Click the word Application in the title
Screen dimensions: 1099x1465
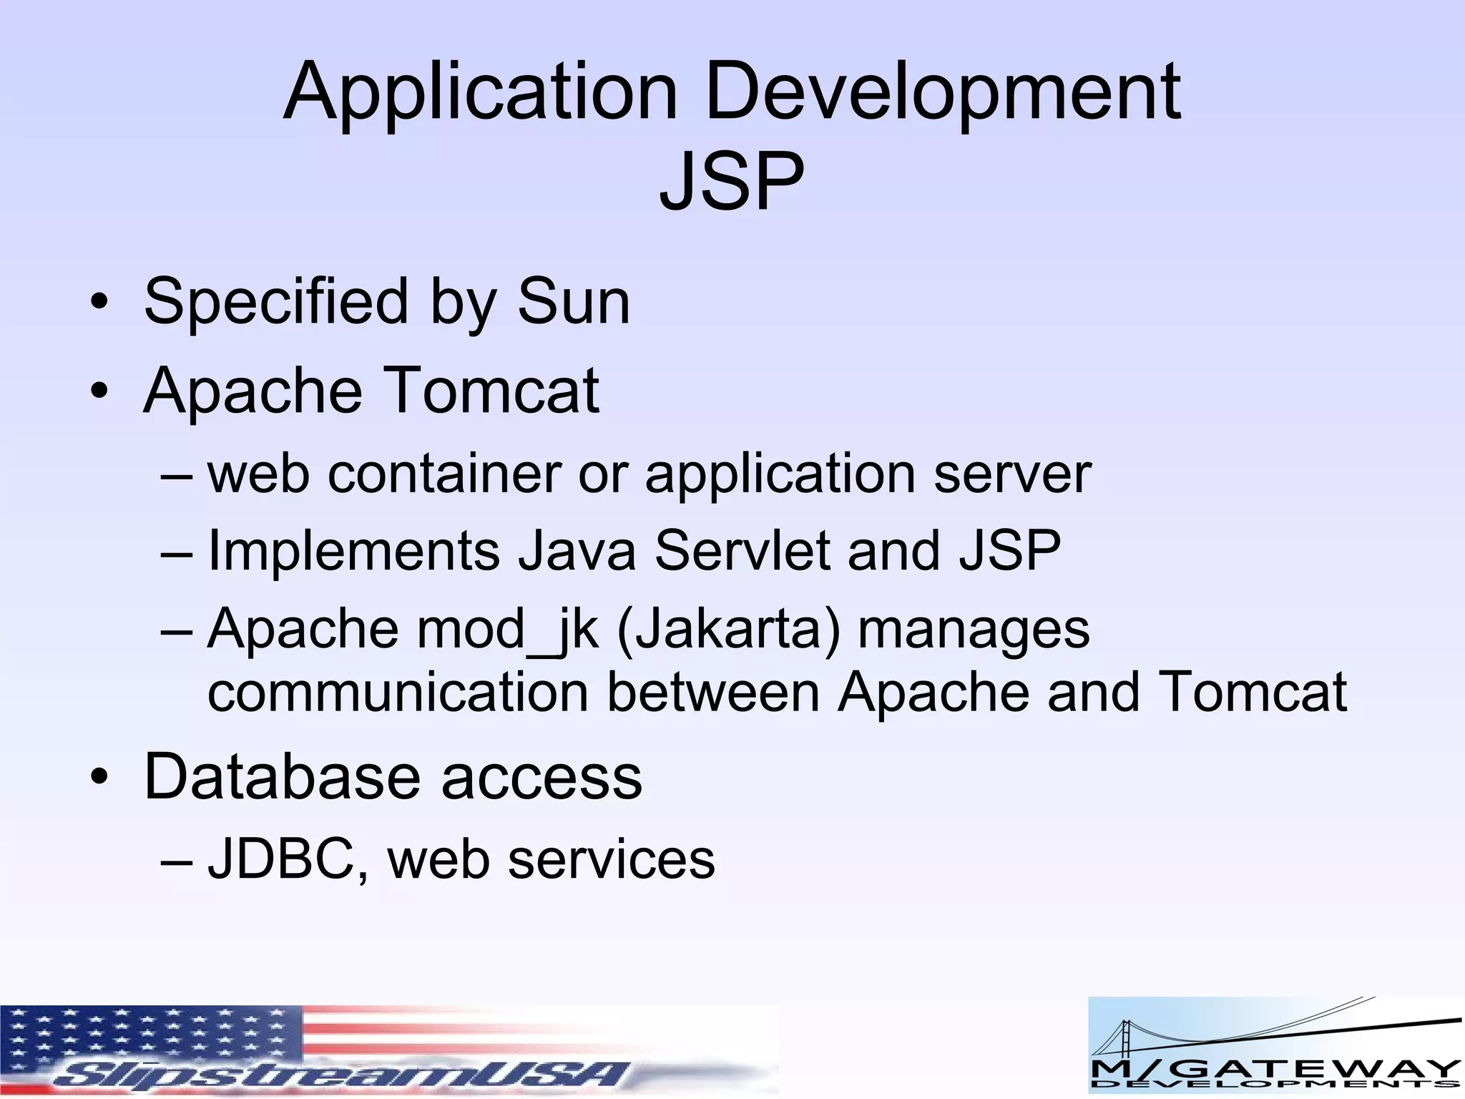coord(480,93)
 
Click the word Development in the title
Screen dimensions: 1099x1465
coord(943,93)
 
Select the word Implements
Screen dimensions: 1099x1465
coord(353,551)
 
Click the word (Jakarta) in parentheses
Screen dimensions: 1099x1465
coord(727,630)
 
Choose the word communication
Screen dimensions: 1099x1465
coord(398,692)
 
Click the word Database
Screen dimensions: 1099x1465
coord(282,777)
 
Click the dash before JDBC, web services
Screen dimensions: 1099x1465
coord(177,860)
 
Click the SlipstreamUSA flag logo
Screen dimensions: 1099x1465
coord(388,1050)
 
